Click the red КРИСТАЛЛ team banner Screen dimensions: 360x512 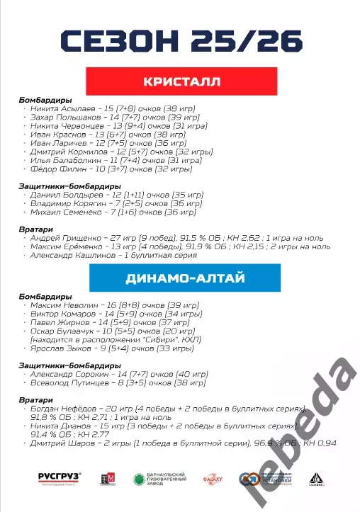181,82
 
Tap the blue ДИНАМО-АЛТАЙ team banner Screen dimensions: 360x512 181,279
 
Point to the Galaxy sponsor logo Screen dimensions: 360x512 214,479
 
